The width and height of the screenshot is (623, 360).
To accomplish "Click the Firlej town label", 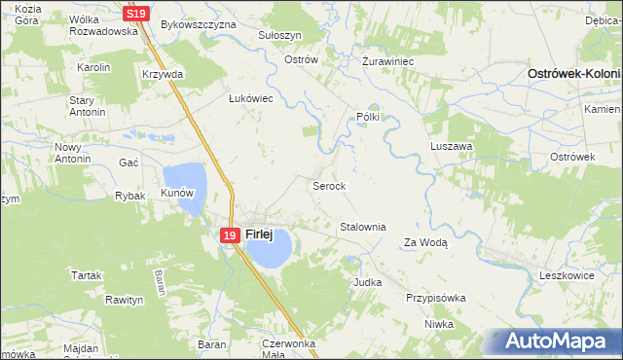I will point(258,234).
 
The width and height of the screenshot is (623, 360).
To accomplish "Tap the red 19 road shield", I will point(229,234).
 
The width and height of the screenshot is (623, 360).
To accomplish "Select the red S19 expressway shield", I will point(136,14).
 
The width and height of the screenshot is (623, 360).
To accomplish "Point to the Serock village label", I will point(328,185).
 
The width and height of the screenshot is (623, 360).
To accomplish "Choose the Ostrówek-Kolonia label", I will point(574,74).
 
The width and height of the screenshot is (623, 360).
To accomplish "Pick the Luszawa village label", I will point(451,146).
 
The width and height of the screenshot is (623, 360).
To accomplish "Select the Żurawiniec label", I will point(388,60).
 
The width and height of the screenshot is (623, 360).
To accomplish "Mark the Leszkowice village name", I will point(567,276).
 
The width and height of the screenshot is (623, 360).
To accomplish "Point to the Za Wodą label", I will point(425,243).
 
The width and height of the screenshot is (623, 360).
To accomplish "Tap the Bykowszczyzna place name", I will point(199,23).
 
